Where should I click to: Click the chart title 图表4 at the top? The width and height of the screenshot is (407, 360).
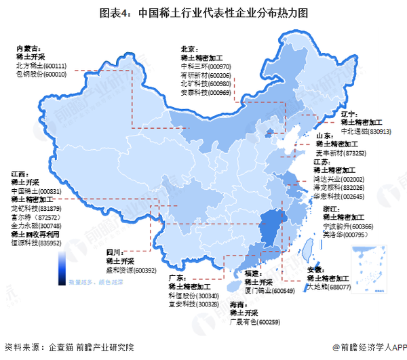(x=203, y=13)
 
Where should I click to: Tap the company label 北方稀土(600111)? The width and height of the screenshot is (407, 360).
(x=41, y=66)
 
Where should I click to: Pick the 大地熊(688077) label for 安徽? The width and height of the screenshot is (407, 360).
(x=328, y=287)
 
